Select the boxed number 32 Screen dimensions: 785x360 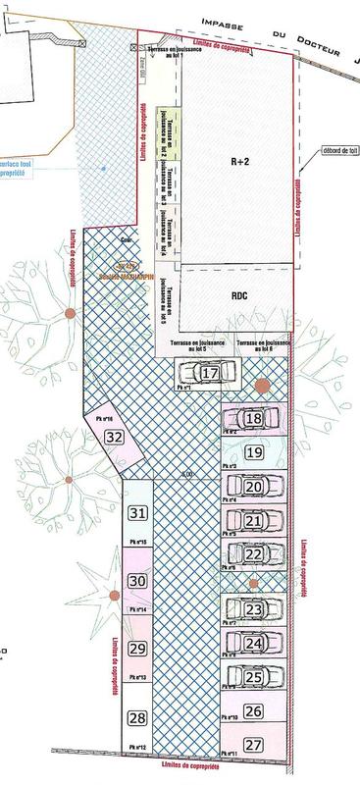click(115, 437)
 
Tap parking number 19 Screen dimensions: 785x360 click(254, 452)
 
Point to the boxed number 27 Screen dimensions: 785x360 click(254, 745)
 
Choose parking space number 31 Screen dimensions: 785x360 click(137, 513)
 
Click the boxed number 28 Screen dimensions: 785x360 click(137, 718)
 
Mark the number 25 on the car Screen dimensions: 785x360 click(253, 676)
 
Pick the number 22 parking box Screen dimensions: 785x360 click(253, 554)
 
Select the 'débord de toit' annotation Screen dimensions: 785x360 click(336, 151)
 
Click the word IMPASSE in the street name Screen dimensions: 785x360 click(227, 23)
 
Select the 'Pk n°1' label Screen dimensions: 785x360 click(183, 388)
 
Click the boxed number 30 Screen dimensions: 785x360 click(137, 581)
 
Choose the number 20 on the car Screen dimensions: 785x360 click(253, 487)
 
